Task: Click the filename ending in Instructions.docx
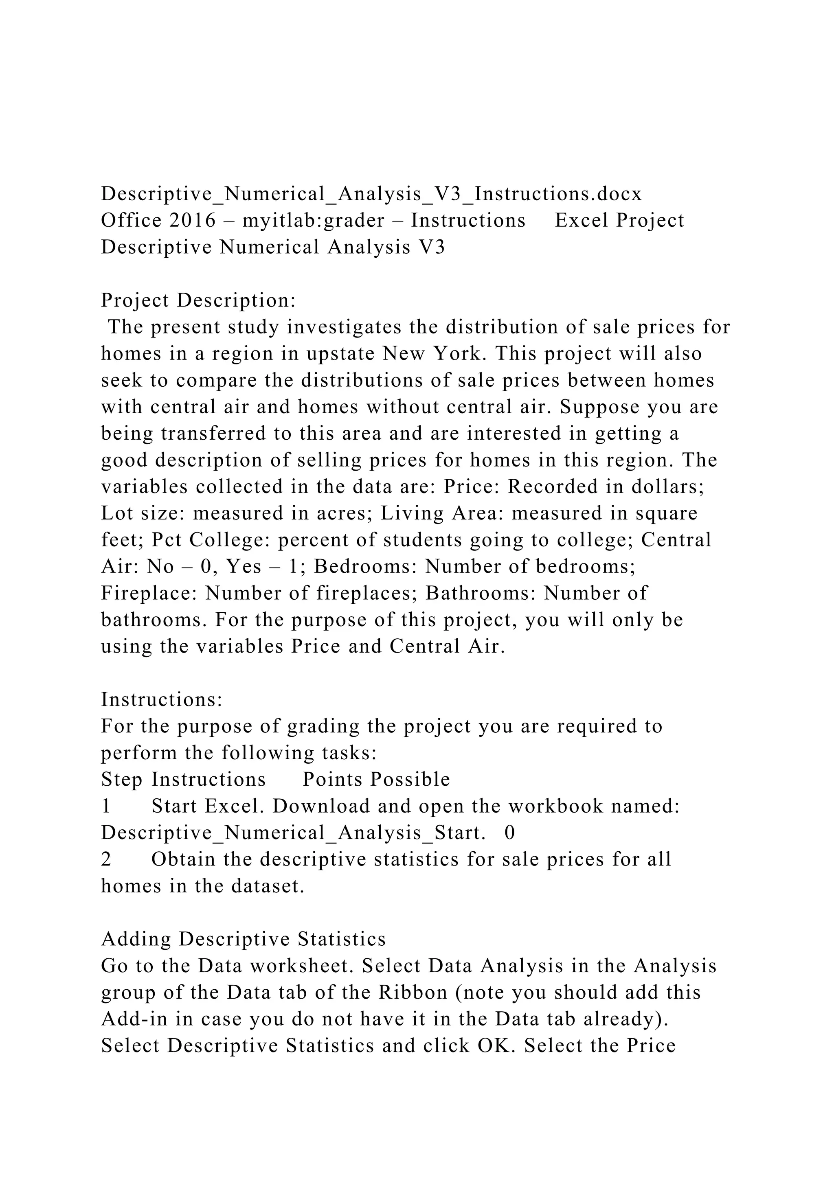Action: pyautogui.click(x=371, y=194)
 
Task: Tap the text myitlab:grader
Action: pyautogui.click(x=313, y=221)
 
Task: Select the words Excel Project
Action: pyautogui.click(x=619, y=221)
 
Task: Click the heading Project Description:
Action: pyautogui.click(x=198, y=300)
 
